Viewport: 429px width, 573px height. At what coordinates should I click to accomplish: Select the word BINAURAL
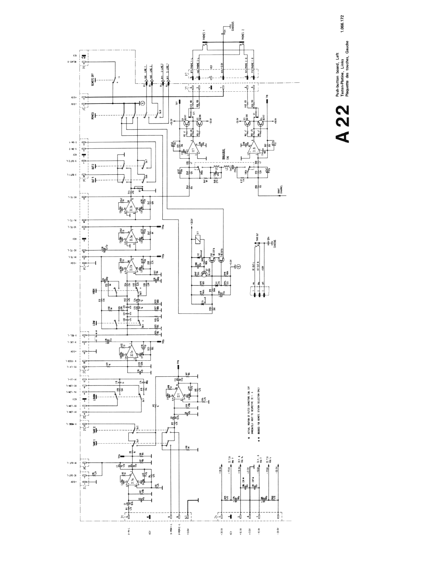tap(223, 154)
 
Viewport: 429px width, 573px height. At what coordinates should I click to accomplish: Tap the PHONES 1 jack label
tap(204, 36)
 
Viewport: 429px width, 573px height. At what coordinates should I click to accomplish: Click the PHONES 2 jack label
tap(243, 36)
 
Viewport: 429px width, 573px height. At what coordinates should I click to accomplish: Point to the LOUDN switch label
tap(93, 397)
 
